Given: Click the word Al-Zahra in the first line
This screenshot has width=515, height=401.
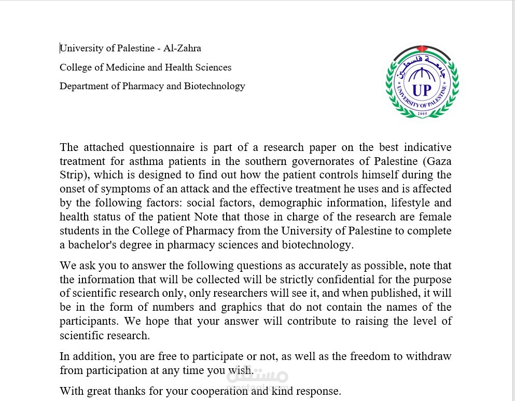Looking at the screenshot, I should tap(182, 48).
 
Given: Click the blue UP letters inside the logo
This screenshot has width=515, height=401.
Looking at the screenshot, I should tap(422, 90).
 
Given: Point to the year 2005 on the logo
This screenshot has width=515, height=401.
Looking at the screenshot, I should tap(422, 112).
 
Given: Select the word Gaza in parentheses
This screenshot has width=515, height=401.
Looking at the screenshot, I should tap(438, 161).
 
